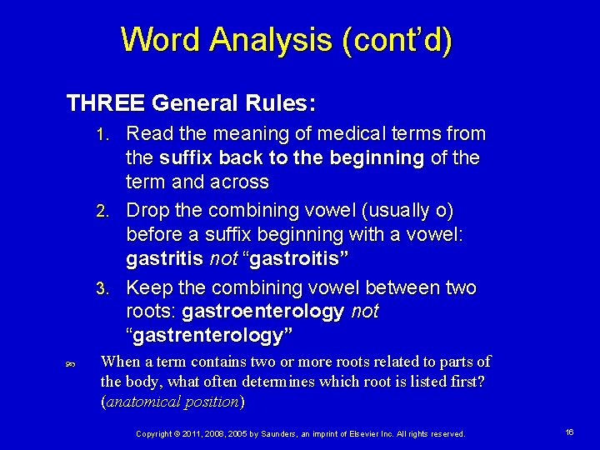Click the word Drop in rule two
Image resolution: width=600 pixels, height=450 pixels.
click(x=147, y=211)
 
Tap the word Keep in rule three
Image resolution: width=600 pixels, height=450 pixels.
click(x=148, y=288)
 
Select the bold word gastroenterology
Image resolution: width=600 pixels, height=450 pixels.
click(x=262, y=312)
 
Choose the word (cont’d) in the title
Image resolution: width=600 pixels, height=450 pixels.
click(x=397, y=40)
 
